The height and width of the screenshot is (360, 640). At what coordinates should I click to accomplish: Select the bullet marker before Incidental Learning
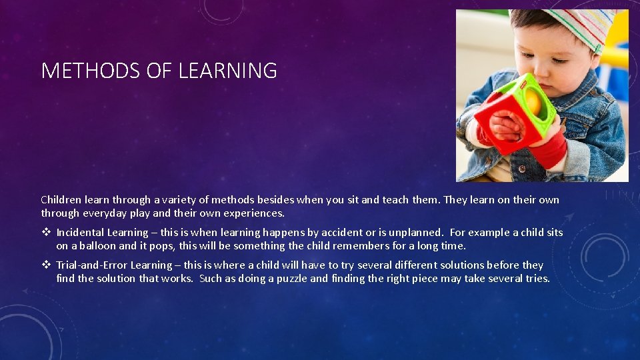46,233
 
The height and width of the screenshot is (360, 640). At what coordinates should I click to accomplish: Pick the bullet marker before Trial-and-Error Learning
46,265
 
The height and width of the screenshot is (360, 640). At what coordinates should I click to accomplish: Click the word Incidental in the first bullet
79,233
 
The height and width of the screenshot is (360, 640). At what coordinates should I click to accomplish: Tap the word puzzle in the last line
290,279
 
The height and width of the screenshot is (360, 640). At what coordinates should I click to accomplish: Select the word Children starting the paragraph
61,200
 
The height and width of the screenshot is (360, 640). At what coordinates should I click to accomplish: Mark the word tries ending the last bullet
536,279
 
